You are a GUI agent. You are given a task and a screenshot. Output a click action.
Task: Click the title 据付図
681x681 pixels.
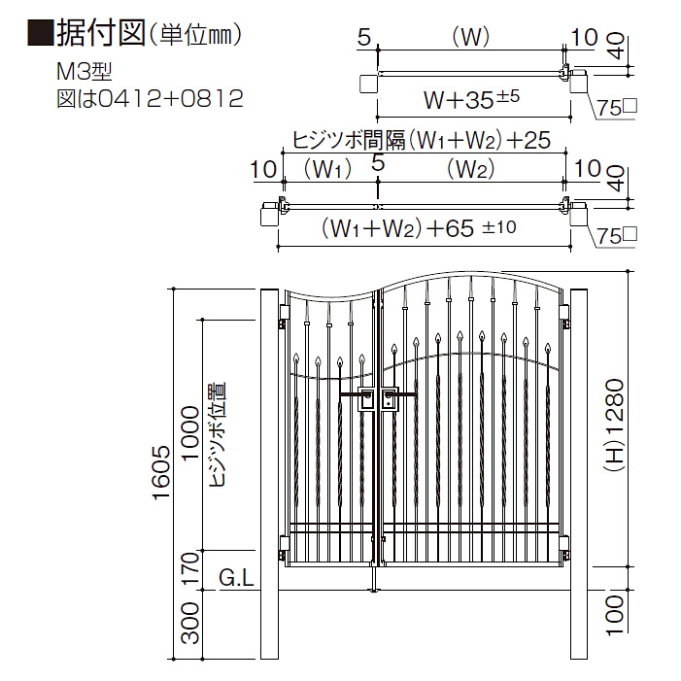pyautogui.click(x=100, y=34)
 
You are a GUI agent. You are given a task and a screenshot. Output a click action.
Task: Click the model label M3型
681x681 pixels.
pyautogui.click(x=85, y=72)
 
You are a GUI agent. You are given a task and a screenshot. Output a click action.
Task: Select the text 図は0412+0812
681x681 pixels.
pyautogui.click(x=150, y=98)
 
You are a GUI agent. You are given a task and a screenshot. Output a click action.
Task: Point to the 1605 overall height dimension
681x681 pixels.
pyautogui.click(x=161, y=472)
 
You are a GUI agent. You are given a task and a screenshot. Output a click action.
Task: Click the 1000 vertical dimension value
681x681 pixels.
pyautogui.click(x=190, y=433)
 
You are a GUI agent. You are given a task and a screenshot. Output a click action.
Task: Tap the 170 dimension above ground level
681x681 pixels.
pyautogui.click(x=190, y=567)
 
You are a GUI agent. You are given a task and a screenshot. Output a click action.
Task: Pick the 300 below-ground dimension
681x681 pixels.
pyautogui.click(x=190, y=623)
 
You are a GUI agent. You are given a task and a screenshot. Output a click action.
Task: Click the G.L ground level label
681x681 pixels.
pyautogui.click(x=236, y=578)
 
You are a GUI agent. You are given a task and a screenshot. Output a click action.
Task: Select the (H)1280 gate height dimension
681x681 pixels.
pyautogui.click(x=614, y=426)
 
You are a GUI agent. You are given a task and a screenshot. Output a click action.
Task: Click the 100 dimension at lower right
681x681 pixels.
pyautogui.click(x=614, y=615)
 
